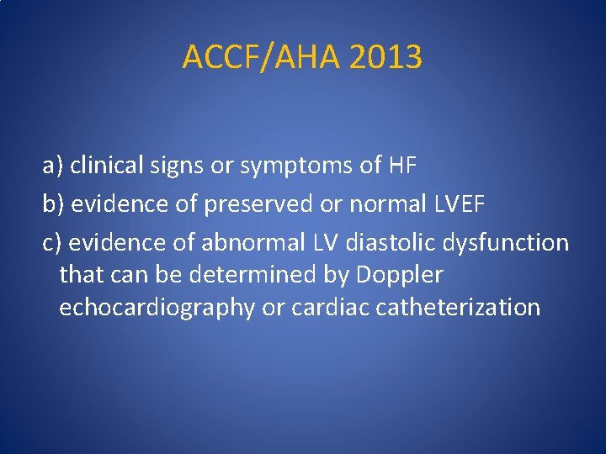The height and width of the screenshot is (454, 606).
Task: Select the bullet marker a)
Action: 53,166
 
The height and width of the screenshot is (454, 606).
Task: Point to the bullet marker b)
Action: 53,204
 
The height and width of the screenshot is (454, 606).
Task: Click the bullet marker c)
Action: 52,243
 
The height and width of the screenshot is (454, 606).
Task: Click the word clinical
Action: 105,166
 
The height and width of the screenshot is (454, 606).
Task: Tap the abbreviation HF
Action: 402,166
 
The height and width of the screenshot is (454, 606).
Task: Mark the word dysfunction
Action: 511,243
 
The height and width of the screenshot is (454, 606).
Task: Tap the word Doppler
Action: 401,275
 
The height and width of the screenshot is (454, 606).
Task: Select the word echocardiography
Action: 157,308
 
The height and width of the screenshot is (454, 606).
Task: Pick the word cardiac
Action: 331,308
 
